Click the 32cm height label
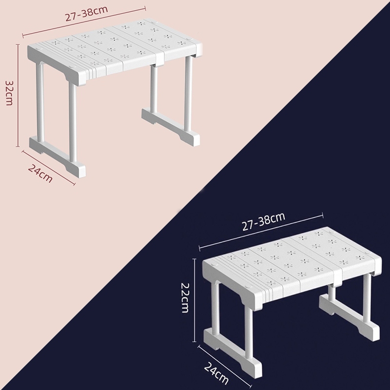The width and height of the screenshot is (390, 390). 9,93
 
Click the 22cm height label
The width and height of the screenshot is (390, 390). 185,297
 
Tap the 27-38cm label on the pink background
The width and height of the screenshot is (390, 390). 86,14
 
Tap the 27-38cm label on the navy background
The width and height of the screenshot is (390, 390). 263,221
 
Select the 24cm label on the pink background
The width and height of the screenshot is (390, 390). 40,173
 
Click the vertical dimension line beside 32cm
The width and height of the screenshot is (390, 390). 18,96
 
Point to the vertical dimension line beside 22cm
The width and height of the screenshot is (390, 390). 195,300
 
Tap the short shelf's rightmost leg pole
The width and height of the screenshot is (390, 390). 367,298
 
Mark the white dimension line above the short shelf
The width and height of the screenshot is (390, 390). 261,230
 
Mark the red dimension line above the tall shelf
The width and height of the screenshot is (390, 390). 84,22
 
